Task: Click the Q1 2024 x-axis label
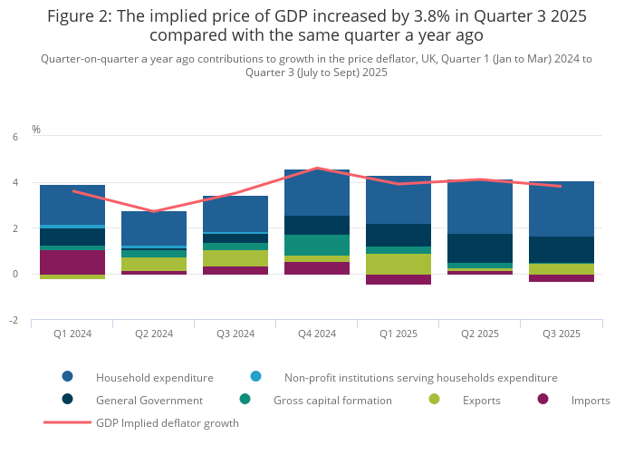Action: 72,334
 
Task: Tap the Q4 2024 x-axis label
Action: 316,334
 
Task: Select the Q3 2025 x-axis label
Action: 561,334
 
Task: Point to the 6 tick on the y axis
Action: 14,137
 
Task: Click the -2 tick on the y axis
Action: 13,321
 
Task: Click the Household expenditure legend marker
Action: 68,377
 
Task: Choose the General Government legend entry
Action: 149,400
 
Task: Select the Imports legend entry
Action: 590,400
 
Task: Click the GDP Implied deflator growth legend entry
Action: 167,422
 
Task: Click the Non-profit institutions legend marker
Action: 256,377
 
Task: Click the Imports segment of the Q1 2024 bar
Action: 72,262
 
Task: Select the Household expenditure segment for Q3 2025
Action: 561,208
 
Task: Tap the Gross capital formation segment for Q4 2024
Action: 316,245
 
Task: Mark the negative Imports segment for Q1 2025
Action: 398,279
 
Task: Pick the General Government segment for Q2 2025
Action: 479,248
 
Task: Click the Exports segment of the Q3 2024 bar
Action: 235,258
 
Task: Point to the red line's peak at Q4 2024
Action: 316,168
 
